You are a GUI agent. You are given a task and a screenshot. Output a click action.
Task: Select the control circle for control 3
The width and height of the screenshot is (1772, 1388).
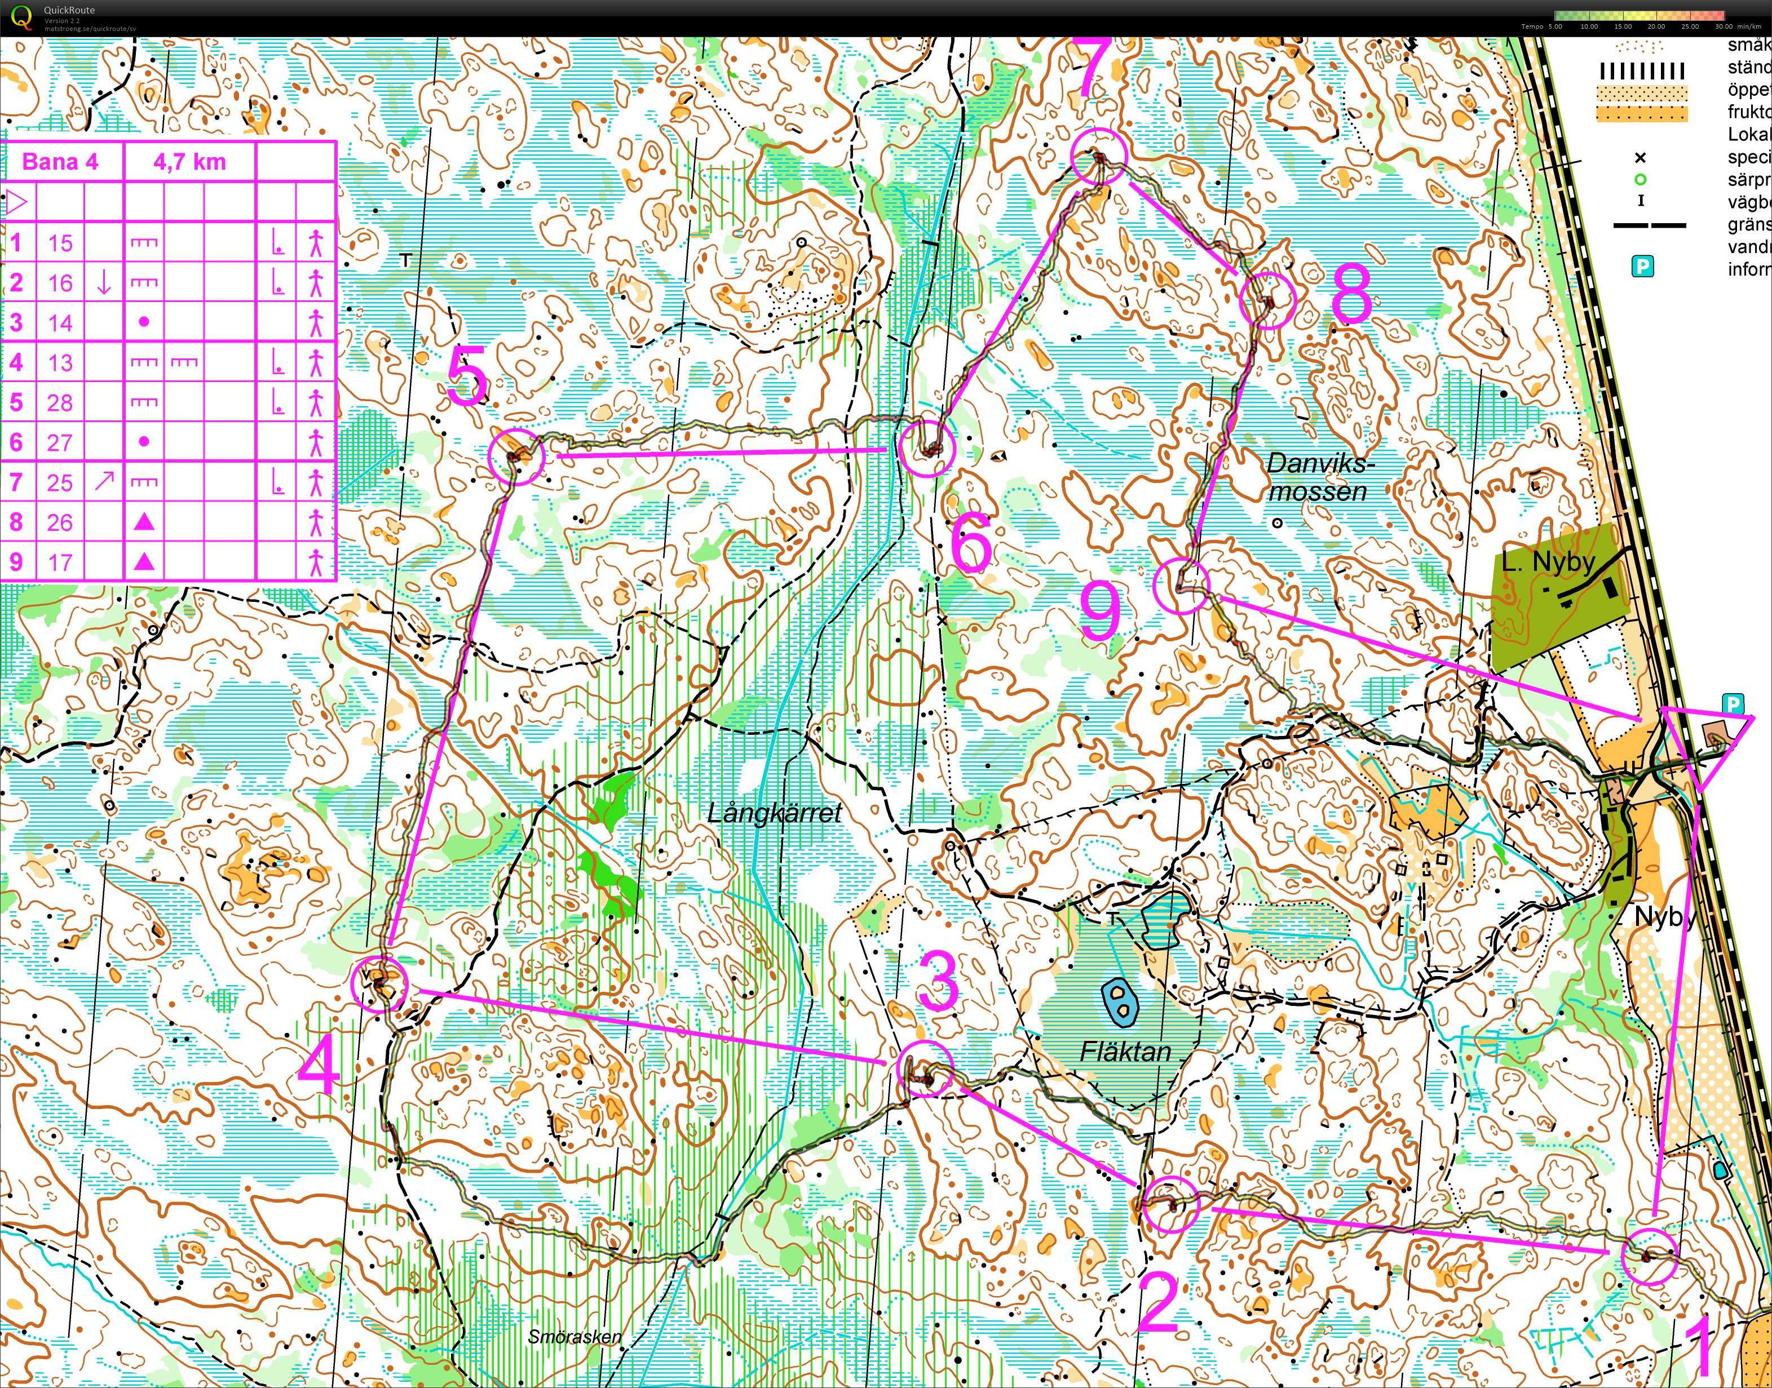click(x=925, y=1068)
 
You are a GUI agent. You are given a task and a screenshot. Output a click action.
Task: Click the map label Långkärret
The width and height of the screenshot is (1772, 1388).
click(x=774, y=813)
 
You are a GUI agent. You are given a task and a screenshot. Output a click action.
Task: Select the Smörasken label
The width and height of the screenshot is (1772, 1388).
click(x=574, y=1337)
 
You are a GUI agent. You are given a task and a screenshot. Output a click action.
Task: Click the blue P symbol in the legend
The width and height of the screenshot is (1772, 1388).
click(x=1643, y=266)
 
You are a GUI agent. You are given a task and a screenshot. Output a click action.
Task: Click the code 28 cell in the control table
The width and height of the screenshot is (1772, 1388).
click(x=59, y=403)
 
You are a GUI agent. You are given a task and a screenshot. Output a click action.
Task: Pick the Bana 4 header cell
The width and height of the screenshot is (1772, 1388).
click(x=60, y=162)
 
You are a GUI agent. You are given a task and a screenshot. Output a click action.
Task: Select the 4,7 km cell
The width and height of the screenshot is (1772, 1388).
click(x=189, y=162)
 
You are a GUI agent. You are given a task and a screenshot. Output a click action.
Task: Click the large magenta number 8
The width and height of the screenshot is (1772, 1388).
click(x=1351, y=292)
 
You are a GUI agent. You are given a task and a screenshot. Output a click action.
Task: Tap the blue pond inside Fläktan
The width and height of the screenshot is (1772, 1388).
click(x=1120, y=1001)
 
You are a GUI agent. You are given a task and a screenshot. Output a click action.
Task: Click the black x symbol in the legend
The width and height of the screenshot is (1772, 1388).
click(x=1640, y=158)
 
